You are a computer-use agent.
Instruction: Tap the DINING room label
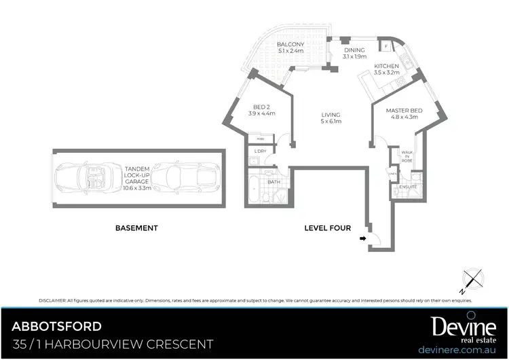tap(354, 50)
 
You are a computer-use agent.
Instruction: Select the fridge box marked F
tap(386, 46)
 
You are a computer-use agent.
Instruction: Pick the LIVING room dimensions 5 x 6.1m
tap(331, 122)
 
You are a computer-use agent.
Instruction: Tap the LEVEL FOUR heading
tap(328, 228)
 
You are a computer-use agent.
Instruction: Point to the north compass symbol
tap(473, 280)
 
